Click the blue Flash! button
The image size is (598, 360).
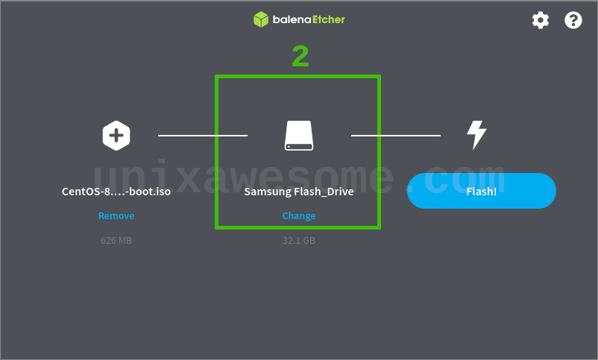point(481,191)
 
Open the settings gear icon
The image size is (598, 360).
point(541,20)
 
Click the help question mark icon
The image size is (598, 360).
point(573,20)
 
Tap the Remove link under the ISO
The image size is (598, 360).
point(116,216)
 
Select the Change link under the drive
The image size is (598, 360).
point(299,216)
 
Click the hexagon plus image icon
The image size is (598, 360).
point(116,136)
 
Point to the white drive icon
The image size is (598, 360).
point(299,136)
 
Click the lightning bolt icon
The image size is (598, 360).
point(476,135)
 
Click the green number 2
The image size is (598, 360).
point(300,57)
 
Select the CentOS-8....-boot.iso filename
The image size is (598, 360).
point(116,192)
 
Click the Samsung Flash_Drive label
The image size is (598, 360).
point(299,192)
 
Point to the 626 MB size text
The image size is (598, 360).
point(116,241)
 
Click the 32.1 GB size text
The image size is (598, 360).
point(299,241)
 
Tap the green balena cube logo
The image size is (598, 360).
point(260,19)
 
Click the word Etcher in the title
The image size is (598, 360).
point(327,19)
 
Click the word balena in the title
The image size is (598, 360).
point(289,19)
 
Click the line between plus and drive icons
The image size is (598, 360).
point(202,136)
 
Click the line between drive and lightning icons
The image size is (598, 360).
point(396,136)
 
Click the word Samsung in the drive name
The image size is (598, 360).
point(268,192)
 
